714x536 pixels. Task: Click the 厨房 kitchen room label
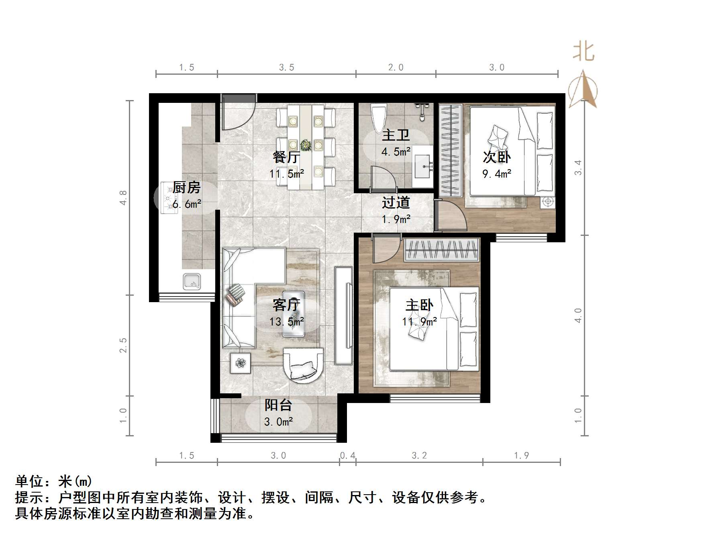(x=186, y=188)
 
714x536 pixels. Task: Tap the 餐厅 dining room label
(x=286, y=157)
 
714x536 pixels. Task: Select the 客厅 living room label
(x=286, y=305)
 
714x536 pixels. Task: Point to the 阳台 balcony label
(x=278, y=405)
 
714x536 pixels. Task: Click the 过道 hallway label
(x=396, y=203)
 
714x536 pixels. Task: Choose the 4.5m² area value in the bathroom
(x=396, y=152)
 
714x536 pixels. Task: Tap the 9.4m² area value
(x=496, y=174)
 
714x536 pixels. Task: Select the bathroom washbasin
(x=422, y=166)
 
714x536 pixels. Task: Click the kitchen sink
(x=192, y=281)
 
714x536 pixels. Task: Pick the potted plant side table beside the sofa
(x=241, y=363)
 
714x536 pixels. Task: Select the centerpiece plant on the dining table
(x=306, y=145)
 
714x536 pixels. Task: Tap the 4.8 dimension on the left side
(x=123, y=198)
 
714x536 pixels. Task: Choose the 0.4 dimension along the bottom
(x=347, y=455)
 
